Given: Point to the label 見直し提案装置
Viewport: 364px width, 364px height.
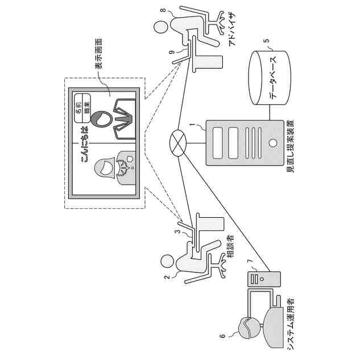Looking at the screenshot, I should click(x=289, y=148).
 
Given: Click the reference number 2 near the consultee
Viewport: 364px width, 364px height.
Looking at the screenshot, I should click(x=167, y=278).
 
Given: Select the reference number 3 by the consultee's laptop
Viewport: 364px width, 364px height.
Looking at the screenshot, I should click(x=177, y=232).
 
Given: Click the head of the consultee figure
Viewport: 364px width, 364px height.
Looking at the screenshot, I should click(x=167, y=261).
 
